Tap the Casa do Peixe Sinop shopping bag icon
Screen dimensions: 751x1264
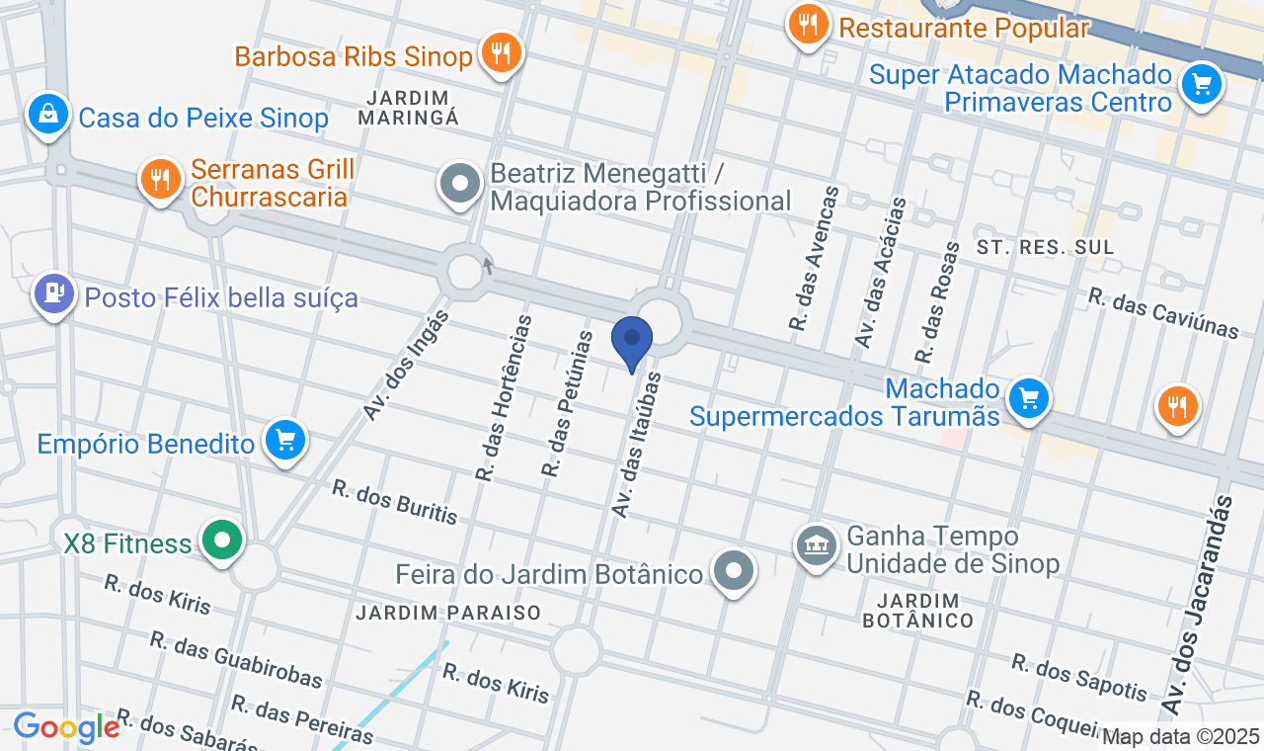point(48,116)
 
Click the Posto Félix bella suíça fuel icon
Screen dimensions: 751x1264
point(53,294)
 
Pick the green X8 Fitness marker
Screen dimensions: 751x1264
point(223,542)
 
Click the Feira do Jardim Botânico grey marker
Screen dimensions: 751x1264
point(734,571)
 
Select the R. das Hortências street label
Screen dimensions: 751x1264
point(504,397)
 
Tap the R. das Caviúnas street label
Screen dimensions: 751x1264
point(1163,313)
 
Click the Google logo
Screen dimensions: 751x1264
point(66,727)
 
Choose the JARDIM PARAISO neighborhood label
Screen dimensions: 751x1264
point(448,613)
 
